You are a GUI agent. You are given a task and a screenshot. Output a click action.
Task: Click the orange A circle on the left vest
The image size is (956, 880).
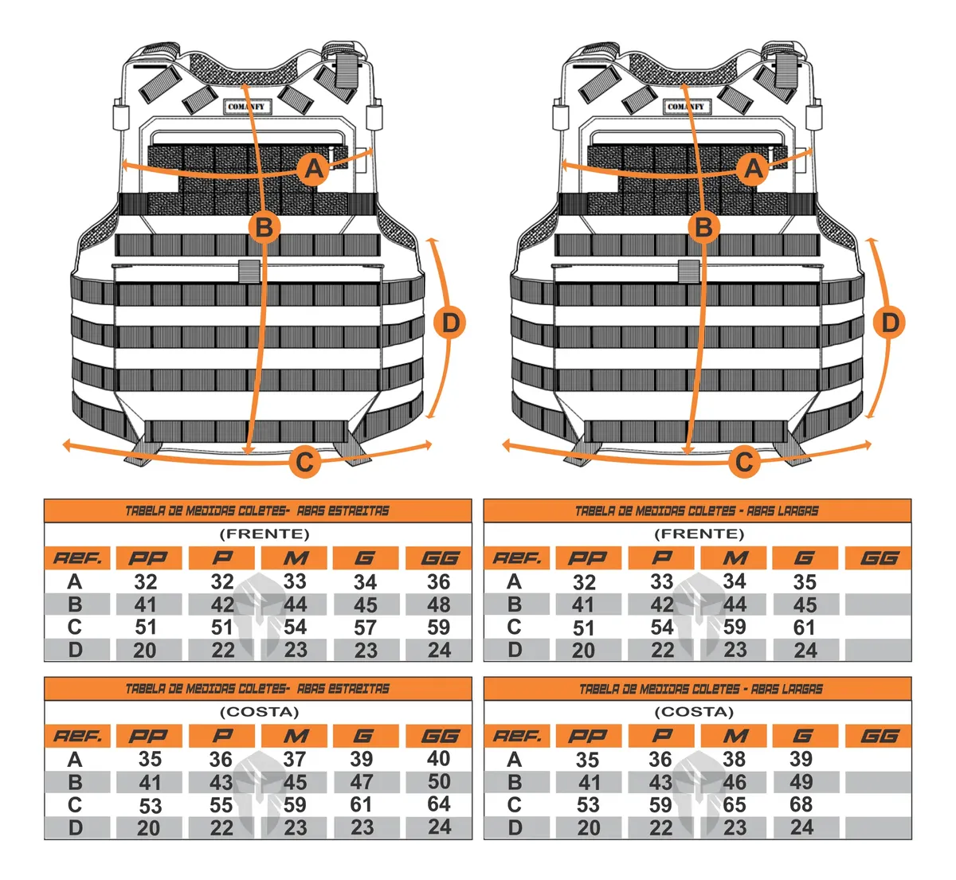[x=314, y=169]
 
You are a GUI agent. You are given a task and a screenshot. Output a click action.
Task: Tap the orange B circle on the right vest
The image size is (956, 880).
[x=704, y=227]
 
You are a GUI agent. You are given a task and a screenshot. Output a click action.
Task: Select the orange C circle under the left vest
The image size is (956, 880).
[x=304, y=461]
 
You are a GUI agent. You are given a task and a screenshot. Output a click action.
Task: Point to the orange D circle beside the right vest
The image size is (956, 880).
[x=889, y=323]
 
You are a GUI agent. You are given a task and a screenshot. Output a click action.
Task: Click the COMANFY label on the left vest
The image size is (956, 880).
[x=247, y=106]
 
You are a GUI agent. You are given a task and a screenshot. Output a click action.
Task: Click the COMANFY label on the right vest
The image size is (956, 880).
[x=686, y=106]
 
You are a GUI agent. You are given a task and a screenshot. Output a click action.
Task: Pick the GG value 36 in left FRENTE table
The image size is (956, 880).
[x=438, y=581]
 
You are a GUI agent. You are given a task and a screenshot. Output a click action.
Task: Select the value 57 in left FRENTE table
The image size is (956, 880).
[x=365, y=628]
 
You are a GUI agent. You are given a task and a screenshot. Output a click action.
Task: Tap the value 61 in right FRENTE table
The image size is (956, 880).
[x=804, y=628]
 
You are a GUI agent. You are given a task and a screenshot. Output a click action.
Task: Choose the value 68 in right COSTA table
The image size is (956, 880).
[x=801, y=804]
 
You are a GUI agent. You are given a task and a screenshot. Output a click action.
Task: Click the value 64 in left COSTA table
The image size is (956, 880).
[x=438, y=804]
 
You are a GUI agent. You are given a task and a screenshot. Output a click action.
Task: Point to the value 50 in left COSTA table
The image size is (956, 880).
[x=439, y=781]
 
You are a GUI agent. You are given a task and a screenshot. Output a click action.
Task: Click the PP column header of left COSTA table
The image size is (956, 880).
[x=149, y=736]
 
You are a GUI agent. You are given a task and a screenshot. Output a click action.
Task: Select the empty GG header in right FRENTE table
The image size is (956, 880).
[x=878, y=558]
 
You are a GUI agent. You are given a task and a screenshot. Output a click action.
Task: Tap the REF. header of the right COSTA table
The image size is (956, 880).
[x=516, y=736]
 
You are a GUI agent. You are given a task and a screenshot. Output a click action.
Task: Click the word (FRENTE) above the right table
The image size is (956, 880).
[x=699, y=534]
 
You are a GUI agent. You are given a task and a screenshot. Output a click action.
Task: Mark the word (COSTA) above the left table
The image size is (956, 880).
[x=259, y=712]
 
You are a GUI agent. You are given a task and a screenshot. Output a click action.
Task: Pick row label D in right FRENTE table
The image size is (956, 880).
[x=515, y=650]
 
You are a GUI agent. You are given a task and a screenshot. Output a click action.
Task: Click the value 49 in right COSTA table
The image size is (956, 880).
[x=801, y=782]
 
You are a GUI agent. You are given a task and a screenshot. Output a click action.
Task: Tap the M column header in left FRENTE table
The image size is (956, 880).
[x=295, y=558]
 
